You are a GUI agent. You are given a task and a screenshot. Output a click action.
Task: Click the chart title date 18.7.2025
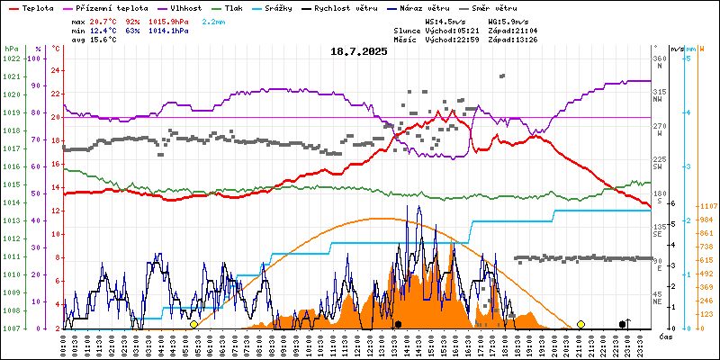[x=358, y=51]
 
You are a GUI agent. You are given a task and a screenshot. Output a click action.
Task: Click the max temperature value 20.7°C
[x=104, y=21]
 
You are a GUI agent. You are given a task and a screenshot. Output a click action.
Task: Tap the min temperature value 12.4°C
[x=104, y=31]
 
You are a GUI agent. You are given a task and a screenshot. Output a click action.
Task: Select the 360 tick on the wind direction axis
[x=660, y=58]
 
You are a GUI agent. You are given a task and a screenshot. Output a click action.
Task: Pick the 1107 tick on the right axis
[x=706, y=206]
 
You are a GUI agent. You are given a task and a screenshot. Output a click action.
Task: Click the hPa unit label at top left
[x=10, y=48]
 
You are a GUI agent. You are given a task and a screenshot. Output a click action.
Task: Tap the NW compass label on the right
[x=660, y=101]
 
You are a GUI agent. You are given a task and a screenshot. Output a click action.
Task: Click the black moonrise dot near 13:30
[x=398, y=324]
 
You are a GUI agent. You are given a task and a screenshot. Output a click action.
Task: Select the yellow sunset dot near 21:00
[x=580, y=324]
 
